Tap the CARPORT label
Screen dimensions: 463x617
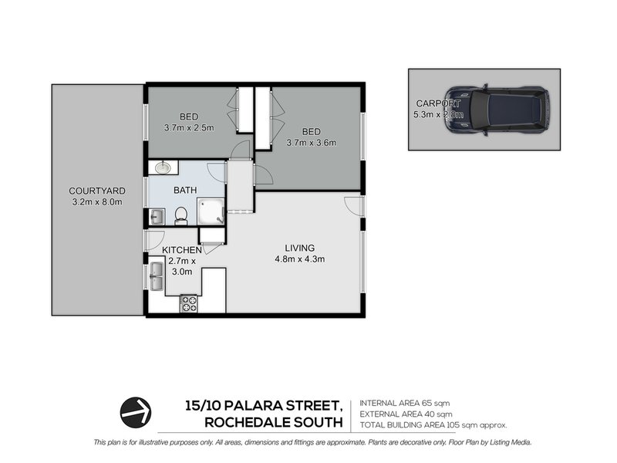click(438, 103)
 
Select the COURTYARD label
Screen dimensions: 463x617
click(96, 191)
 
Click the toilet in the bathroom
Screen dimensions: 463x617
click(181, 215)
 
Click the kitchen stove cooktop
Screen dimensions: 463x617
click(188, 304)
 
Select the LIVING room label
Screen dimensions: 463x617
click(299, 248)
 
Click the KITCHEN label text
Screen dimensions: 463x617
click(182, 250)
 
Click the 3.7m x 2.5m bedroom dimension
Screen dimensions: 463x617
click(187, 127)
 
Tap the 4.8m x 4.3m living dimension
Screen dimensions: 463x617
click(299, 259)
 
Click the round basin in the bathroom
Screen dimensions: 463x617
click(164, 167)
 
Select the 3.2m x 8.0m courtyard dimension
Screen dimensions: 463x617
click(96, 202)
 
